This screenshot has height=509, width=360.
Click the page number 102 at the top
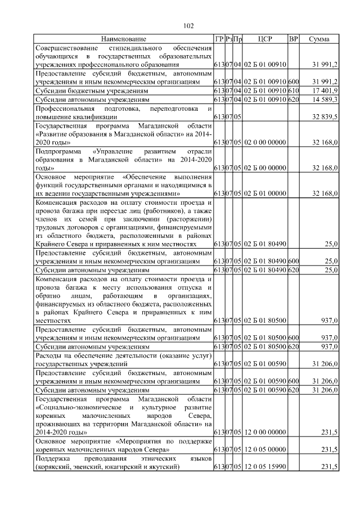point(188,25)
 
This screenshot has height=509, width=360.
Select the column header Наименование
point(123,39)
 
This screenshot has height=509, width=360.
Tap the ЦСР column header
point(265,39)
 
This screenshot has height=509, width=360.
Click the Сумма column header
point(319,39)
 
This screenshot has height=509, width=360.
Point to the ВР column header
point(293,39)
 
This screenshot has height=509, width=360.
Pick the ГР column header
point(219,39)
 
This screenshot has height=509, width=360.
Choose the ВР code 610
point(293,91)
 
